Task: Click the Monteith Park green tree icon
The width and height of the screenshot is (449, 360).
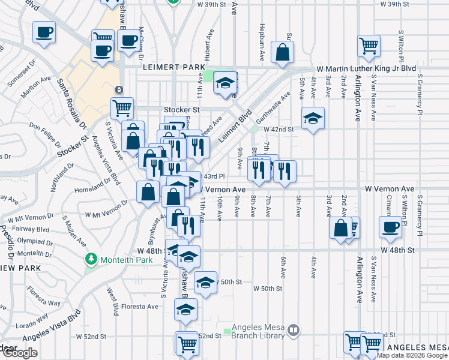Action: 91,260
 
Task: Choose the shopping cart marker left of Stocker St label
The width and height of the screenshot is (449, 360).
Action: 122,108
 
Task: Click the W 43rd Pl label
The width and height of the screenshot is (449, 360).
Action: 213,176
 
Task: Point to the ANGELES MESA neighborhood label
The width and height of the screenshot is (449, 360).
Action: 417,348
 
